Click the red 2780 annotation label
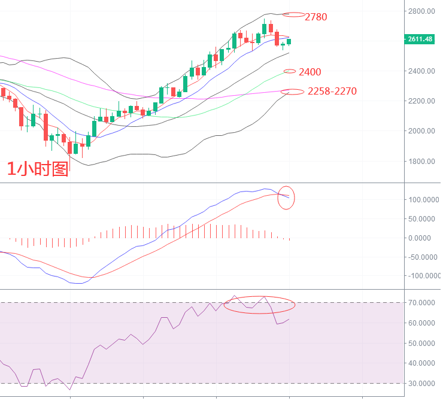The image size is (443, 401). tap(316, 17)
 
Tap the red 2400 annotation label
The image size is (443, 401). tap(310, 72)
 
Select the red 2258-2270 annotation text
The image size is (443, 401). tap(332, 91)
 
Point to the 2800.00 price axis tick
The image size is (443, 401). tap(420, 11)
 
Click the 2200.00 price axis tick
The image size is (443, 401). tap(420, 101)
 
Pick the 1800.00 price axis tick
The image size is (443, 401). tap(420, 161)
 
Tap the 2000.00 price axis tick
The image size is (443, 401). tap(420, 131)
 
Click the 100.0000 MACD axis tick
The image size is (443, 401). tap(421, 199)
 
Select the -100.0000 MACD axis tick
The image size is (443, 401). tap(420, 276)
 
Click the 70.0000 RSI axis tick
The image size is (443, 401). tap(423, 303)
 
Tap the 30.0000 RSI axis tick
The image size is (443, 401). tap(423, 383)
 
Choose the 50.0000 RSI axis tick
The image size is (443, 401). tap(423, 343)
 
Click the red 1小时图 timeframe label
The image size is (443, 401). tap(37, 169)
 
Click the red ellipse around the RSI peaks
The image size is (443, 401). tap(259, 305)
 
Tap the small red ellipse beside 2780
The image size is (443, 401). tap(293, 14)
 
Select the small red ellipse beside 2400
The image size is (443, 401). tap(290, 71)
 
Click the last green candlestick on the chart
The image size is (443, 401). tap(289, 41)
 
